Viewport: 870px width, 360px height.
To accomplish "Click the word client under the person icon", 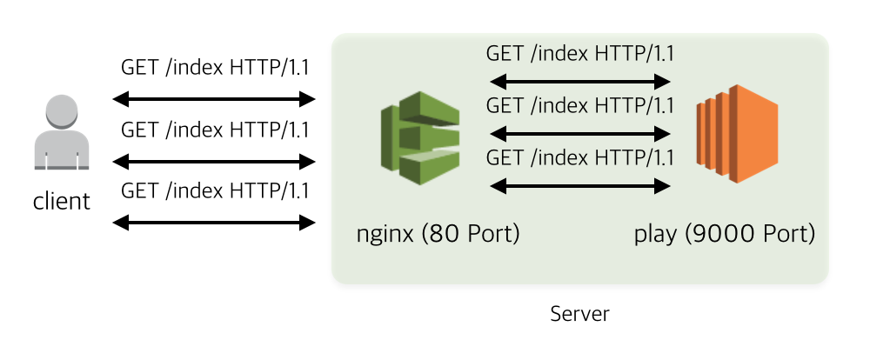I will click(x=62, y=202).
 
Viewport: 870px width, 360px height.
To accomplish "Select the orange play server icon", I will click(x=736, y=134).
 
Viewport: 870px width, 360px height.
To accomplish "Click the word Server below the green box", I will click(x=580, y=314).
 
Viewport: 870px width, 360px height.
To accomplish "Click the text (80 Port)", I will click(x=470, y=235).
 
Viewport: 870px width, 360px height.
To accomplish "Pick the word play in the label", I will click(x=655, y=235).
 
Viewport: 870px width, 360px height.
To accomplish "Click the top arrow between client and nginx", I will click(x=214, y=99).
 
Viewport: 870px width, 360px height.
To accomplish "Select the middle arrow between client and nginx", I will click(x=214, y=162).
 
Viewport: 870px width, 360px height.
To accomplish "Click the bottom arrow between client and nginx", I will click(x=214, y=223).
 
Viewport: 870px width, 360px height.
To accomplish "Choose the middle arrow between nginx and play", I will click(x=580, y=135).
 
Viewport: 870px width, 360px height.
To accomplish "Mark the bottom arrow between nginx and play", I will click(x=580, y=185).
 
